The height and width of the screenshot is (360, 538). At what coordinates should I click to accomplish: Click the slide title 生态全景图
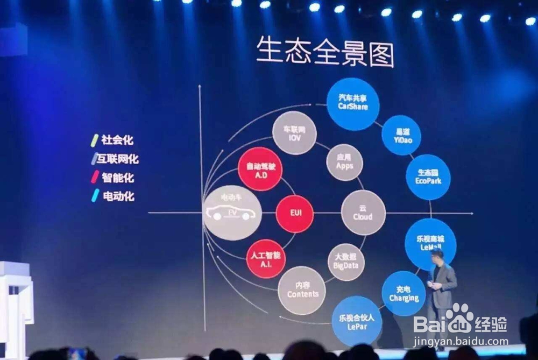tap(324, 52)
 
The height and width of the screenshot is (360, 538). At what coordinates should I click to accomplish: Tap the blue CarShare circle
tap(353, 104)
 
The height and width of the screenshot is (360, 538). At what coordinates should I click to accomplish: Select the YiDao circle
tap(401, 135)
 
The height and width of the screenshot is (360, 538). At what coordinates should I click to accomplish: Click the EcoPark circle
tap(428, 177)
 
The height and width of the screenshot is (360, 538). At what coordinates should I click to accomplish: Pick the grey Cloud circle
tap(363, 213)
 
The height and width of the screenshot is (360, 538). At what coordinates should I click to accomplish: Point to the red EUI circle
tap(295, 213)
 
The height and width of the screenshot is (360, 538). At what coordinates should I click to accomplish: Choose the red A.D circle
tap(260, 169)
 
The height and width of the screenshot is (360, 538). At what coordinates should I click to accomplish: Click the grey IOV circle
tap(294, 133)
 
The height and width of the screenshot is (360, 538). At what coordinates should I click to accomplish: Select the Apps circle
tap(344, 162)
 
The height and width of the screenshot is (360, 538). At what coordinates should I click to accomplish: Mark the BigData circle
tap(346, 262)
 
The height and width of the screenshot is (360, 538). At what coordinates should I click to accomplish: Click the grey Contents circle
tap(302, 290)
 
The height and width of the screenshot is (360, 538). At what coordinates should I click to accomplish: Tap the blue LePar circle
tap(357, 321)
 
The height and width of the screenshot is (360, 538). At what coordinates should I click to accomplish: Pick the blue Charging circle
tap(403, 293)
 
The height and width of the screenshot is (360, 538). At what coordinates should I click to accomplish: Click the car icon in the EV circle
tap(231, 214)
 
